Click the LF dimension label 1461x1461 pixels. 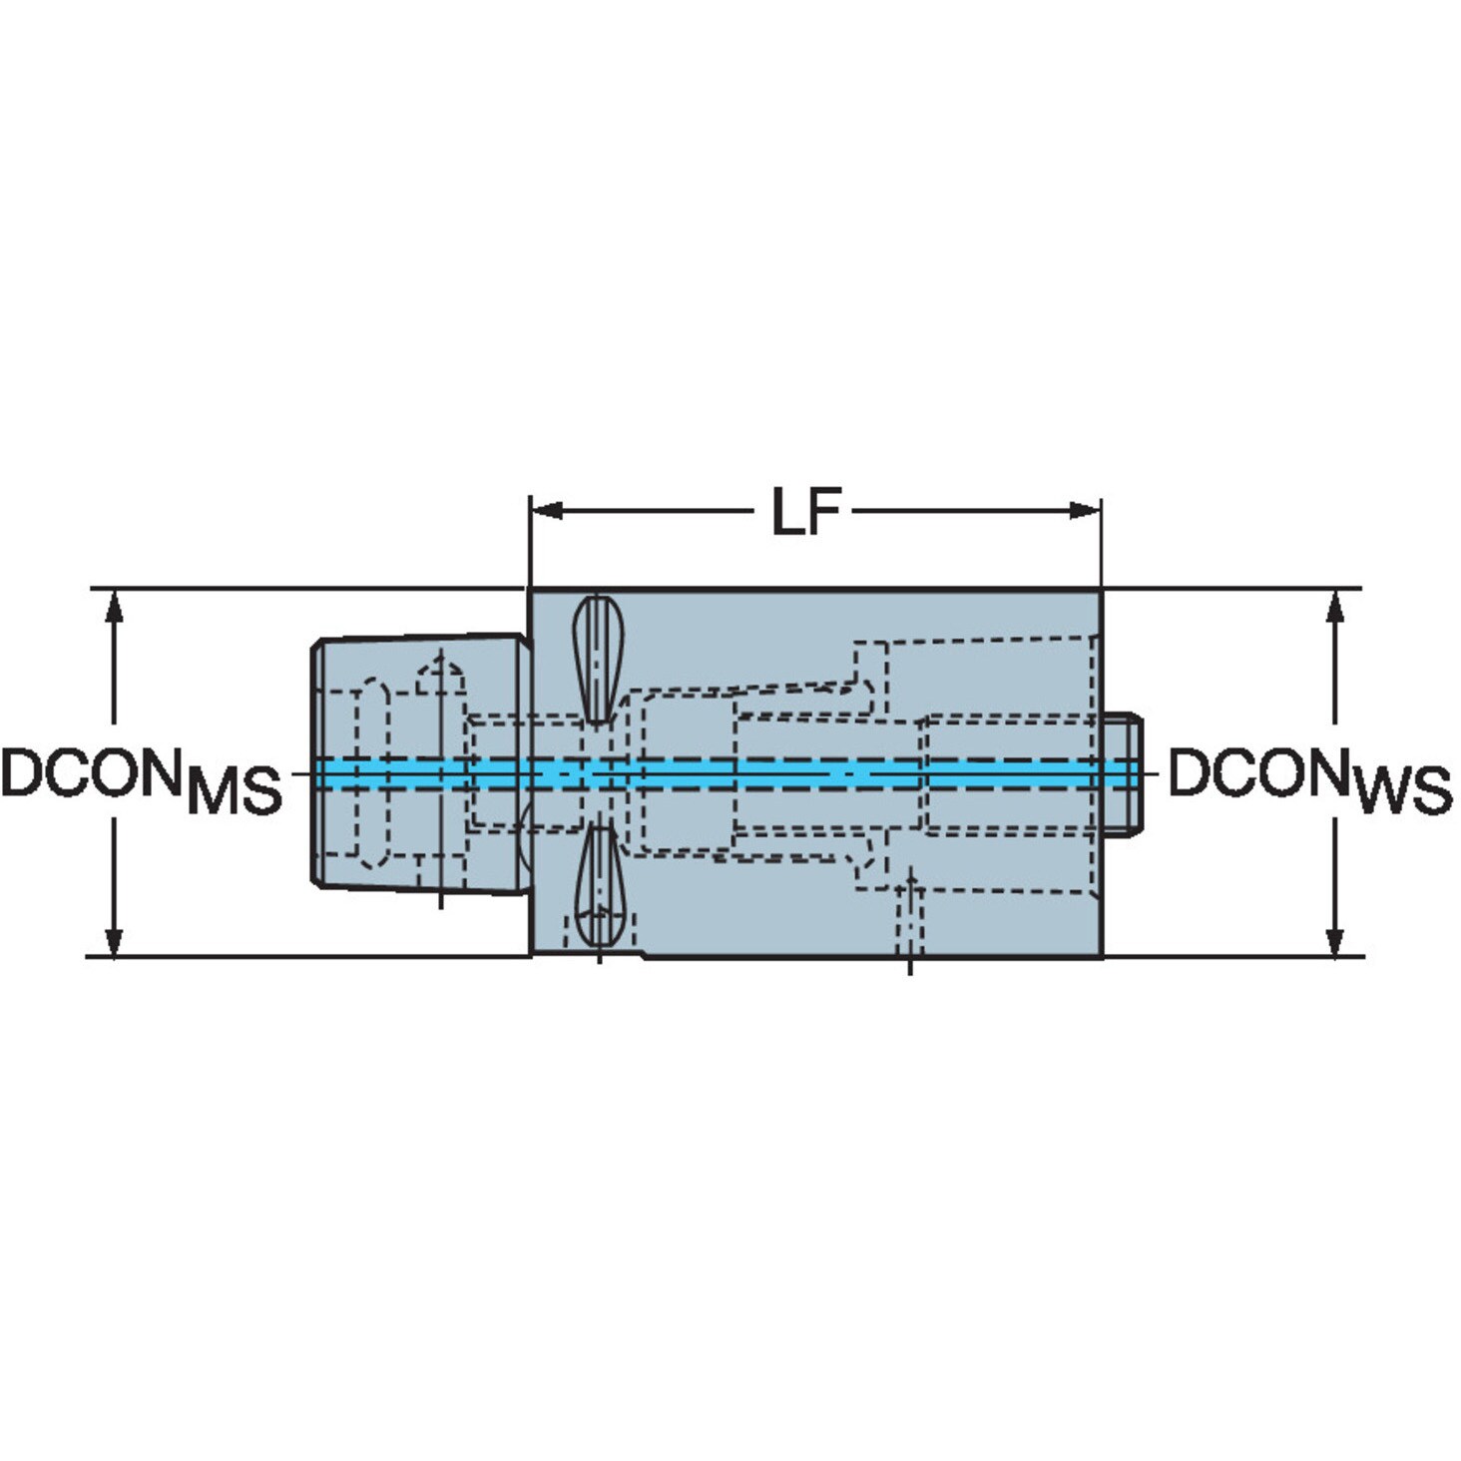(806, 511)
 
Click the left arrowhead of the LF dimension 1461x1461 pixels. (547, 510)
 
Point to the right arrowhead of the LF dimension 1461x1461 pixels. (1084, 510)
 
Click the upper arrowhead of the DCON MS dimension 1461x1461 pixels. (114, 608)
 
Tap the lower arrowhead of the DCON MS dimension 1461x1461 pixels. (114, 939)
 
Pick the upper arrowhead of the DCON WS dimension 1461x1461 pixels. (1336, 608)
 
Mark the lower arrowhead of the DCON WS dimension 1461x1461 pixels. (1336, 939)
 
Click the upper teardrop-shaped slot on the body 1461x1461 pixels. (598, 659)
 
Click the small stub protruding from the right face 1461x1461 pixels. (1123, 774)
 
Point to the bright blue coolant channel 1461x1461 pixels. (727, 773)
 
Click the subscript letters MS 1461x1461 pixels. (236, 791)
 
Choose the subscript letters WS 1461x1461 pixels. (1404, 791)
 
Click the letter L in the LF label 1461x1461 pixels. (787, 511)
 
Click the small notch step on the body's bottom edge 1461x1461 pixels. (645, 956)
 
